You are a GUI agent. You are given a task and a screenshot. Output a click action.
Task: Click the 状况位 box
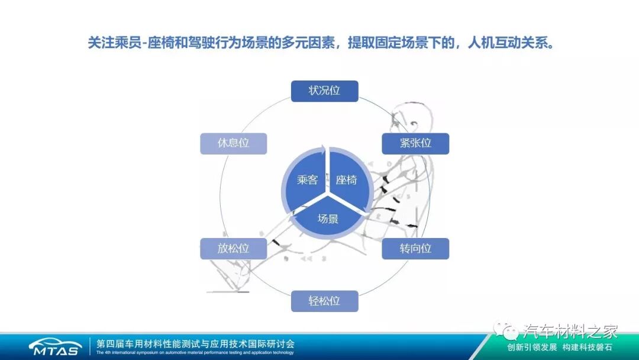[324, 91]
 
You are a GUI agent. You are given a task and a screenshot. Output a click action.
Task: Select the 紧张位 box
[415, 143]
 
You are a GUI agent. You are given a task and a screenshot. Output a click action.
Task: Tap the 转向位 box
[415, 249]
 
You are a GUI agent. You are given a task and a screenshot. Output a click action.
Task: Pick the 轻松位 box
[324, 301]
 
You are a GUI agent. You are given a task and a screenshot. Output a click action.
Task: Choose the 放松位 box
[233, 249]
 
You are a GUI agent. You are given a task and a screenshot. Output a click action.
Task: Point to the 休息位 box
[233, 143]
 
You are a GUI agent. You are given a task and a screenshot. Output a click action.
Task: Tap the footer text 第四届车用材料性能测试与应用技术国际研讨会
[195, 343]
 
